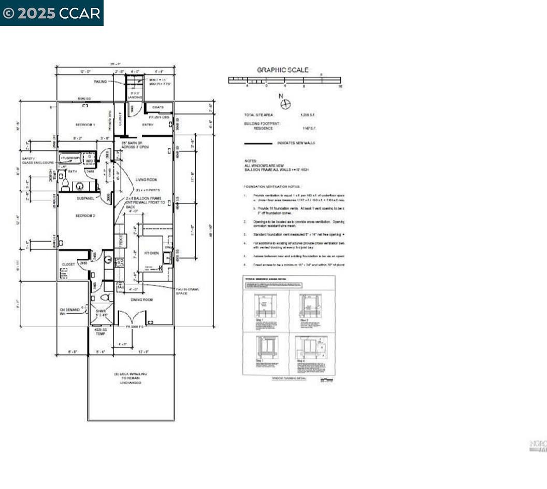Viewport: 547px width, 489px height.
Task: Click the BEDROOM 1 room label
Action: [x=85, y=124]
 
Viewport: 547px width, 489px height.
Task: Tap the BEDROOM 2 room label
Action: [x=85, y=216]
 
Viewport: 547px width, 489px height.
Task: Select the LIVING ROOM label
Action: [x=146, y=179]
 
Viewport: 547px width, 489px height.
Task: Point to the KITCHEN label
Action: [x=151, y=253]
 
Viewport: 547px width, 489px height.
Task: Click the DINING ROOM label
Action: [x=141, y=300]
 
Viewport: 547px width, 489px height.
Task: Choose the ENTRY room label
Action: [x=148, y=124]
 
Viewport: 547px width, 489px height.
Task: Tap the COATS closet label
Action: [x=158, y=107]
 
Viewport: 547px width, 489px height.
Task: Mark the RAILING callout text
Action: [x=100, y=81]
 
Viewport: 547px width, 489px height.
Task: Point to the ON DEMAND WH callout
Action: [x=70, y=312]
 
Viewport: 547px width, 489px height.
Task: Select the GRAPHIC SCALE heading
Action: [x=283, y=69]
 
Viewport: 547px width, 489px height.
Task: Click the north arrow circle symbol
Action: [x=285, y=104]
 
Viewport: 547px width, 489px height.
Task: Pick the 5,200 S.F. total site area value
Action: [x=308, y=115]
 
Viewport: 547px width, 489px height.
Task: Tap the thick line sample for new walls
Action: [x=258, y=143]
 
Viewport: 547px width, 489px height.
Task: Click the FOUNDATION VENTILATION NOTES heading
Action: [x=272, y=186]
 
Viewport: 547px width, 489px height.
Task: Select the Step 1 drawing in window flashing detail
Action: [x=266, y=305]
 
